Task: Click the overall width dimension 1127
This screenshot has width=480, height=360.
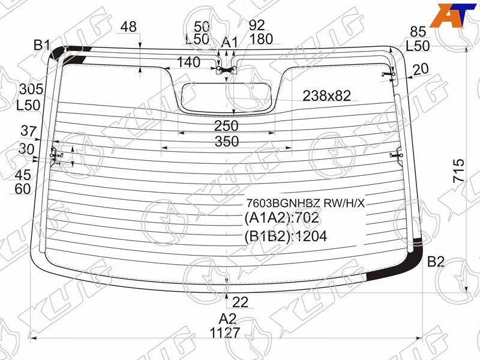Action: (x=224, y=332)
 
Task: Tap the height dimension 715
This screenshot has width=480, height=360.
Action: (x=458, y=170)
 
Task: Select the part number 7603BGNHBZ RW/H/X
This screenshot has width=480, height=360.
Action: (x=306, y=203)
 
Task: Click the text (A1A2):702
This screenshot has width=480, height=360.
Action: (x=281, y=218)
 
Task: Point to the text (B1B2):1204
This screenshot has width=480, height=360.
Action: (x=286, y=236)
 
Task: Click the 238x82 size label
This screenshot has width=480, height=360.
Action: (x=326, y=96)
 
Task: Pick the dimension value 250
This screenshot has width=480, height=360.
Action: (x=226, y=125)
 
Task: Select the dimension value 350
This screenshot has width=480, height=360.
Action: (x=227, y=142)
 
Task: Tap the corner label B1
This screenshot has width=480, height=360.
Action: (x=42, y=46)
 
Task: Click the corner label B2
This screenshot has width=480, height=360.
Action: (x=436, y=262)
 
